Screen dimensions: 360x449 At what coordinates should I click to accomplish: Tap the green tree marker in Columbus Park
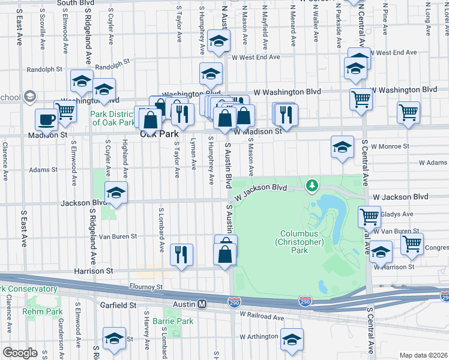(x=312, y=186)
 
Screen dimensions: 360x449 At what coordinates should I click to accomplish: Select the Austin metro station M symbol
(x=203, y=304)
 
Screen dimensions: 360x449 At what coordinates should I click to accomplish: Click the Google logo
(x=20, y=353)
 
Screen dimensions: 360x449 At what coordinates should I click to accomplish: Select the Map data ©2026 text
(x=423, y=355)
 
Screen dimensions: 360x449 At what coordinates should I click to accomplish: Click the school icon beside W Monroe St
(x=342, y=147)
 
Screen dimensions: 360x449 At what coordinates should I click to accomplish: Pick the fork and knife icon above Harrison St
(x=181, y=255)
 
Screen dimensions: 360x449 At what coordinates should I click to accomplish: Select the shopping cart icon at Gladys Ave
(x=370, y=216)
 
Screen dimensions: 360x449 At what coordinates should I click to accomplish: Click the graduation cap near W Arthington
(x=292, y=340)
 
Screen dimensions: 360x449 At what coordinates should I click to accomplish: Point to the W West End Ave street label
(x=256, y=57)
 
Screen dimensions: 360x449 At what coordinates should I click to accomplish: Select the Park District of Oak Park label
(x=113, y=118)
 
